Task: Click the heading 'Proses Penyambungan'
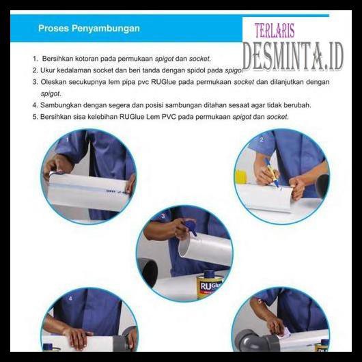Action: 89,29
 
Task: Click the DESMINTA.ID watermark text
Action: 292,57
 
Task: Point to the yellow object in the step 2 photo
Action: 240,177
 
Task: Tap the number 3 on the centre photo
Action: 163,217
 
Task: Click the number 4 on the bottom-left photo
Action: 70,299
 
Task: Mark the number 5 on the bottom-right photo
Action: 259,301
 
